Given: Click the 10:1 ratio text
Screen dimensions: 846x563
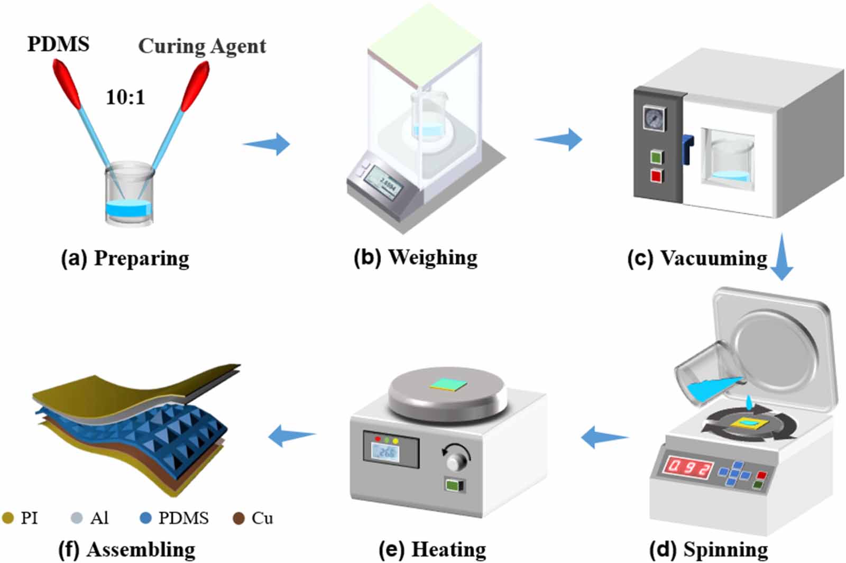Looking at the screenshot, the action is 125,97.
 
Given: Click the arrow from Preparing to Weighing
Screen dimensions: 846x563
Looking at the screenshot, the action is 266,144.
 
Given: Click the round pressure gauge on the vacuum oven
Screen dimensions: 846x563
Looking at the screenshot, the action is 655,118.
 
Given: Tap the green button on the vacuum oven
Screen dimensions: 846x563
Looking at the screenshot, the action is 657,156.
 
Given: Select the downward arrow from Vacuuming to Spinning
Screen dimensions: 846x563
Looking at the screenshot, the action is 781,257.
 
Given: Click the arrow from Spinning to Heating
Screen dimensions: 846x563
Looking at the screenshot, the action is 605,437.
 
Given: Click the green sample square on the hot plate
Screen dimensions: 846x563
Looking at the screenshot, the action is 449,384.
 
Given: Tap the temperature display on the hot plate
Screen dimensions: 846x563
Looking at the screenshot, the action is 385,453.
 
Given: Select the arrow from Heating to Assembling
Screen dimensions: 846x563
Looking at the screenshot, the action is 292,436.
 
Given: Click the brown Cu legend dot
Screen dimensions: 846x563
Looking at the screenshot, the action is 238,518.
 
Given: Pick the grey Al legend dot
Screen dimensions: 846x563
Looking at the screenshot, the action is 77,518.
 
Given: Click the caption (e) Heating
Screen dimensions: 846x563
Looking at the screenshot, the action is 433,549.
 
